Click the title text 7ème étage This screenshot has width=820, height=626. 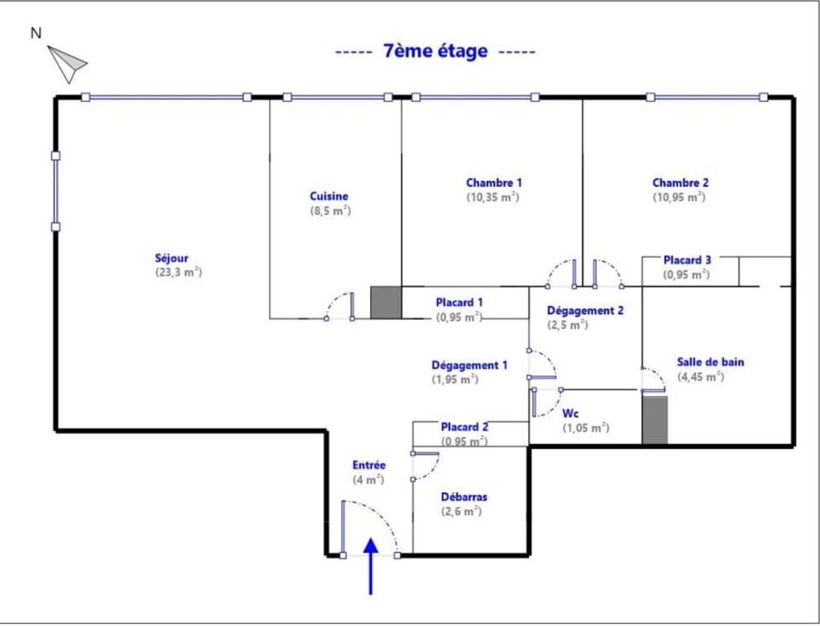tap(435, 51)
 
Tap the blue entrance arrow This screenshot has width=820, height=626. tap(371, 566)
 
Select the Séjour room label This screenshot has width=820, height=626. tap(171, 258)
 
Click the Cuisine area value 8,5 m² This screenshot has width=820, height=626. tap(330, 211)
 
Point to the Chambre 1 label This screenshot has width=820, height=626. tap(494, 183)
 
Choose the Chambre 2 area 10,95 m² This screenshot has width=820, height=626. tap(679, 197)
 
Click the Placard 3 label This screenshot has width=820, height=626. tap(687, 260)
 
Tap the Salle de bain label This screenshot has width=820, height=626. tap(710, 362)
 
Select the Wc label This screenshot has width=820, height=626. tap(570, 414)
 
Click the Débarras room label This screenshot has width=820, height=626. tap(464, 497)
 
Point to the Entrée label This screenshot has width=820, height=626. tap(368, 465)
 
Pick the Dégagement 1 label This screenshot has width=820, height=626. tap(469, 365)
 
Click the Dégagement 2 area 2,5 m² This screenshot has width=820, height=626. tap(567, 325)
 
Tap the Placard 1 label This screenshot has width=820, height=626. tap(459, 302)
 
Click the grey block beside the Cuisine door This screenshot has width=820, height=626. tap(386, 302)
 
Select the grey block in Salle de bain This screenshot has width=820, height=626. tap(655, 420)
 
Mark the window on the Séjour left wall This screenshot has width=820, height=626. tap(55, 191)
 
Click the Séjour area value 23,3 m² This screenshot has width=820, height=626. tap(179, 273)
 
